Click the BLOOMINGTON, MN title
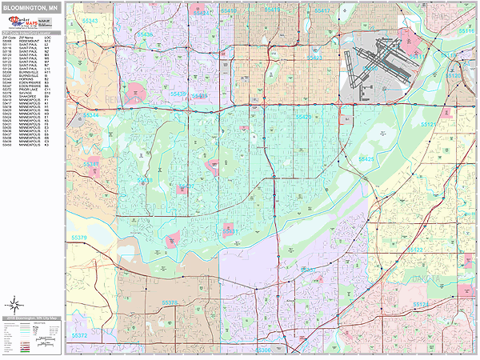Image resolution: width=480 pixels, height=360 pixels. (31, 7)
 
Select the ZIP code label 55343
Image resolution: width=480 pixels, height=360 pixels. (90, 21)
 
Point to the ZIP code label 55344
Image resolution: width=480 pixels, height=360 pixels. (91, 115)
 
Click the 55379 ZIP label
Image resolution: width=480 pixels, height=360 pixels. (80, 237)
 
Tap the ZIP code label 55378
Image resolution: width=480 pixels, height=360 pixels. (170, 303)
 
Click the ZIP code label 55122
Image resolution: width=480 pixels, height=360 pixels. (415, 250)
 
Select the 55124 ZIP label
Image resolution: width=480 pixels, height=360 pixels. (422, 305)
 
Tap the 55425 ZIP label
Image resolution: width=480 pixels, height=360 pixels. (366, 159)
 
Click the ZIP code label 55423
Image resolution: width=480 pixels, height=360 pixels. (314, 58)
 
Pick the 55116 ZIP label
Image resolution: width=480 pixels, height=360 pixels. (466, 30)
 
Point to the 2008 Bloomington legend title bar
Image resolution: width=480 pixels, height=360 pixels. (32, 318)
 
